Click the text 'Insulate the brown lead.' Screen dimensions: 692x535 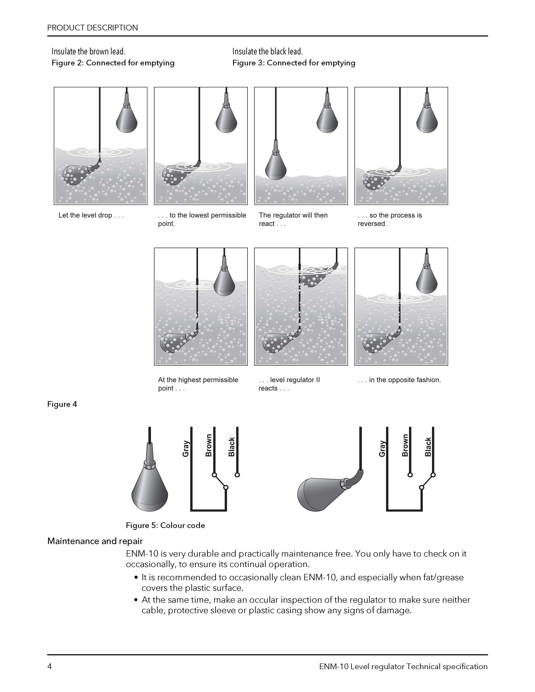pos(88,51)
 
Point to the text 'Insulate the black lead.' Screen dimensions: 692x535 pos(267,51)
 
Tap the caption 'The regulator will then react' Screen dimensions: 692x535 pos(293,219)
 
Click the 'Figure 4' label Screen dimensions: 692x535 pos(62,404)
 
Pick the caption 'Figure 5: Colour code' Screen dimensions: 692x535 pos(165,525)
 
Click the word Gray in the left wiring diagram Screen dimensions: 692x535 pos(186,449)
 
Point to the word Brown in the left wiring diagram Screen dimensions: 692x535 pos(209,445)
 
